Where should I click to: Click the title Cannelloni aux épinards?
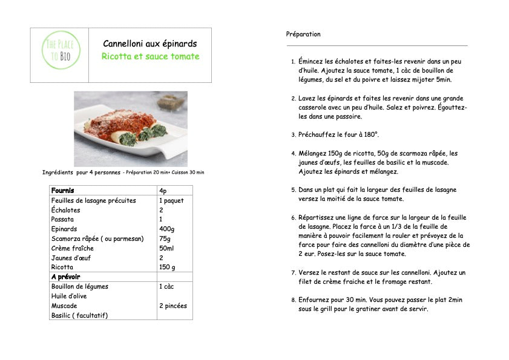tap(149, 44)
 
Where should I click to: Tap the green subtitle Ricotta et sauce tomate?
tap(150, 56)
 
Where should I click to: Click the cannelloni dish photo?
tap(130, 128)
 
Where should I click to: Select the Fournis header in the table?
tap(63, 191)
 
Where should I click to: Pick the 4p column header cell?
tap(163, 191)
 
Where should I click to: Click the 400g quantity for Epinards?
tap(167, 229)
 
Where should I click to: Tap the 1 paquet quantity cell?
tap(171, 200)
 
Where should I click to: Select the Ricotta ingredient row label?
tap(62, 267)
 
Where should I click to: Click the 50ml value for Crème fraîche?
tap(166, 248)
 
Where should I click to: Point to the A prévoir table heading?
tap(66, 277)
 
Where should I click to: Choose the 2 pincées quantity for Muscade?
tap(173, 306)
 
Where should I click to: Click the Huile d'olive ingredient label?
tap(70, 296)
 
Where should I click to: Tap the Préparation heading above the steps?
tap(303, 34)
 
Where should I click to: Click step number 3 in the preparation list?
tap(293, 135)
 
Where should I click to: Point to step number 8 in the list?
tap(293, 300)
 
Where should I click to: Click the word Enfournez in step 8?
tap(315, 299)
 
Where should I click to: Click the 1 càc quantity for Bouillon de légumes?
tap(168, 286)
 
